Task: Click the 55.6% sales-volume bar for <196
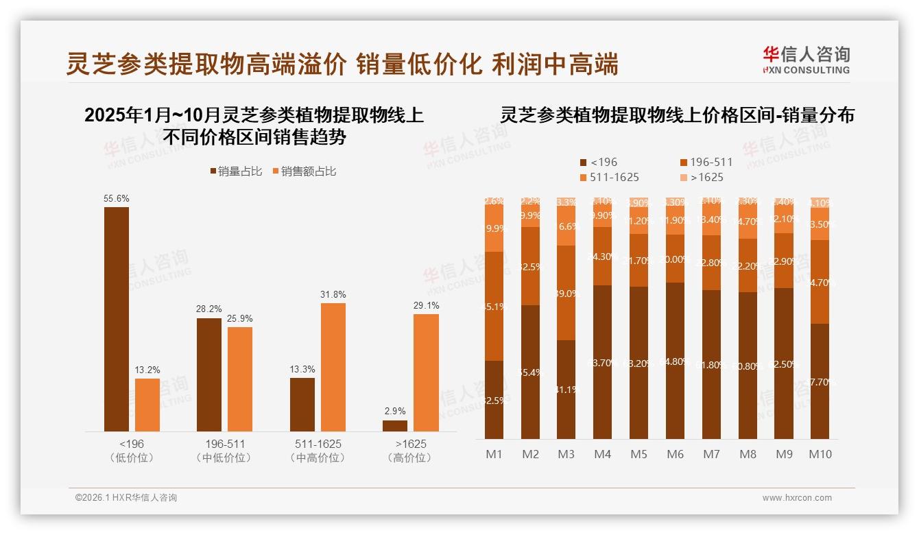click(117, 319)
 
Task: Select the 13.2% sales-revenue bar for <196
click(147, 405)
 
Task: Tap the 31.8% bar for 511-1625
click(333, 367)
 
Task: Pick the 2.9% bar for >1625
click(395, 426)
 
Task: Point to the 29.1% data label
click(427, 305)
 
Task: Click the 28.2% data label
click(209, 309)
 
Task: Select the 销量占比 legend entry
click(236, 171)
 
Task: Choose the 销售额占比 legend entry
click(304, 171)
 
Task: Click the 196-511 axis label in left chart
click(224, 444)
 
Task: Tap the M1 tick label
click(494, 454)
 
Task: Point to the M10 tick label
click(820, 454)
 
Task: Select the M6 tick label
click(675, 454)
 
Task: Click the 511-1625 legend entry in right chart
click(610, 178)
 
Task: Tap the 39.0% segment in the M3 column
click(566, 293)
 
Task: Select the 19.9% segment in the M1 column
click(494, 228)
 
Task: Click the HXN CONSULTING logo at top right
click(806, 60)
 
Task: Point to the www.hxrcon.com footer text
click(796, 498)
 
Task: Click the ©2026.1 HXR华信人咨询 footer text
click(126, 498)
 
